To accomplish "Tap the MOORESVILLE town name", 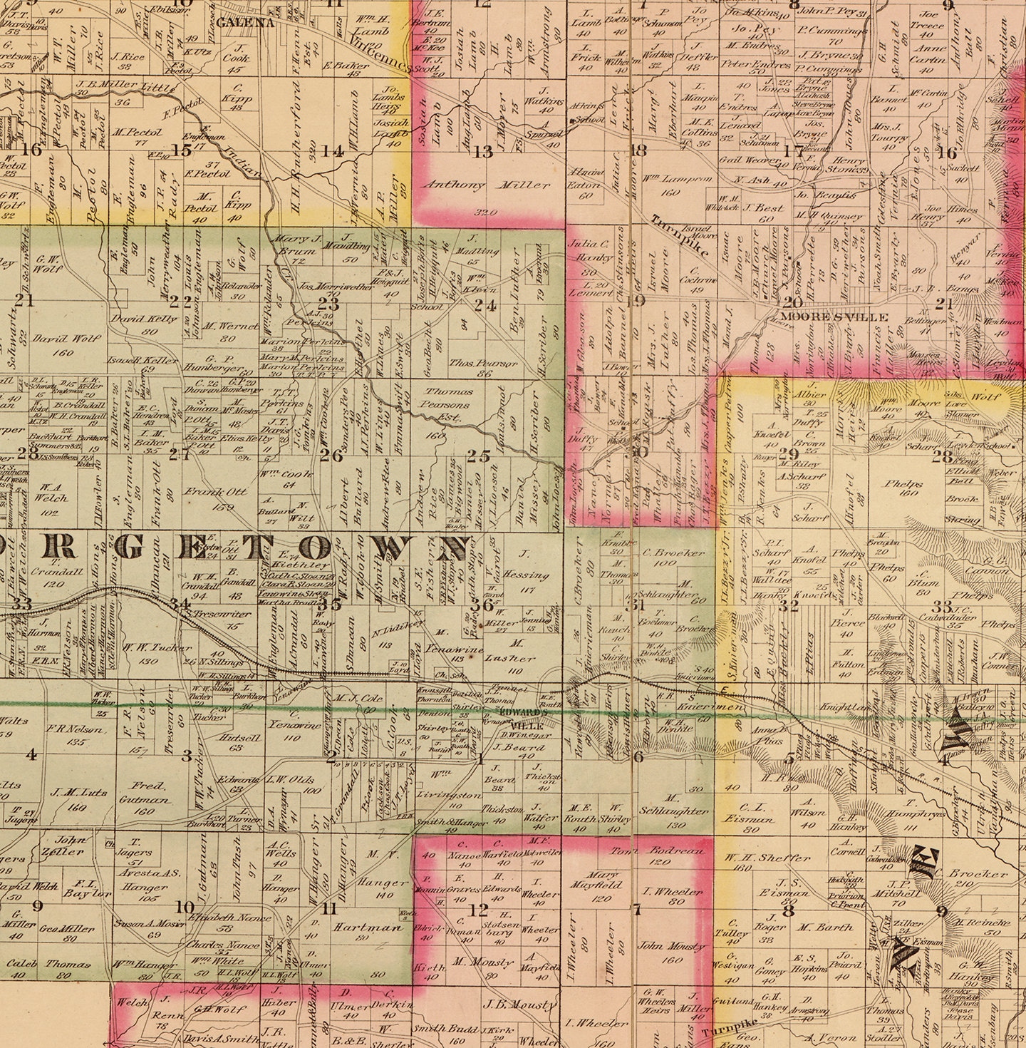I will (x=834, y=317).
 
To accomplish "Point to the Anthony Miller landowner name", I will (x=486, y=185).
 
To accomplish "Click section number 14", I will (x=331, y=151).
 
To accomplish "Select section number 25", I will (x=479, y=456).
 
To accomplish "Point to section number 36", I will (x=482, y=605).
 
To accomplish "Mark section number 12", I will (x=478, y=910).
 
